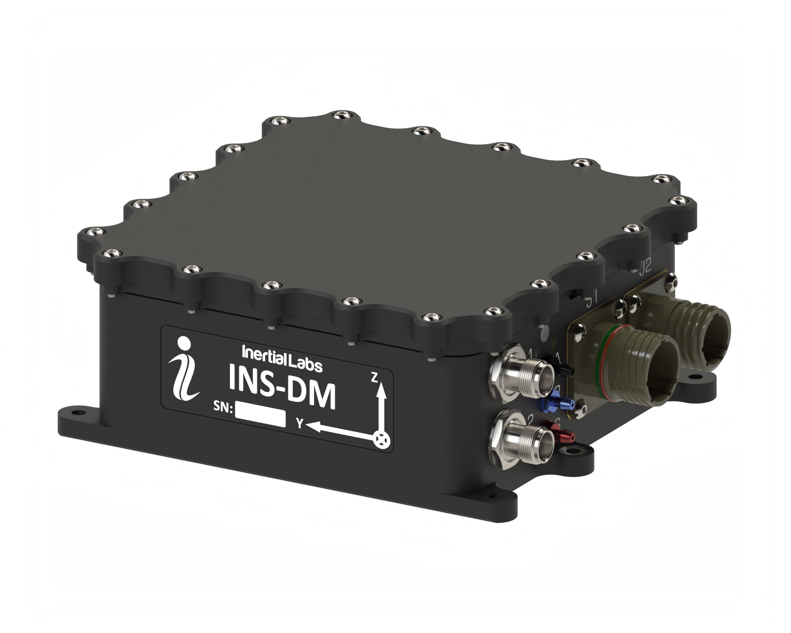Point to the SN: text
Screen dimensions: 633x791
click(223, 407)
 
